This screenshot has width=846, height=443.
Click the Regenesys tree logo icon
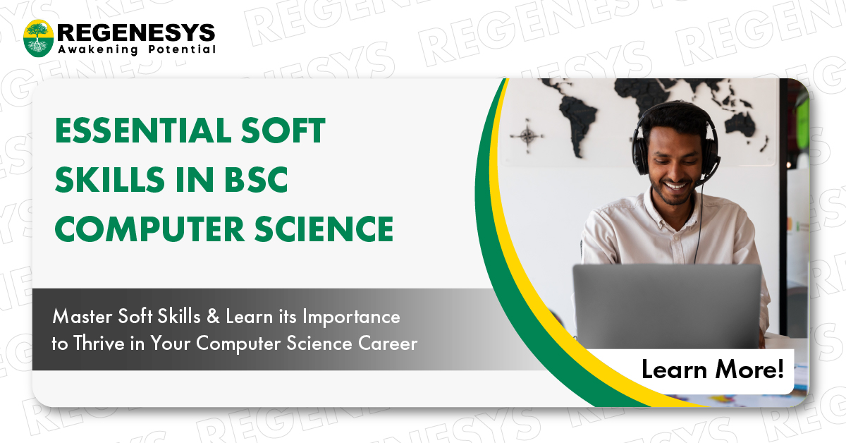click(39, 38)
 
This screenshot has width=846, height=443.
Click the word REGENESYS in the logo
click(136, 32)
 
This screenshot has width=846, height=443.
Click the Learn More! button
click(712, 370)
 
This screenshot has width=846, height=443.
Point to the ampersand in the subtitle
click(210, 317)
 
